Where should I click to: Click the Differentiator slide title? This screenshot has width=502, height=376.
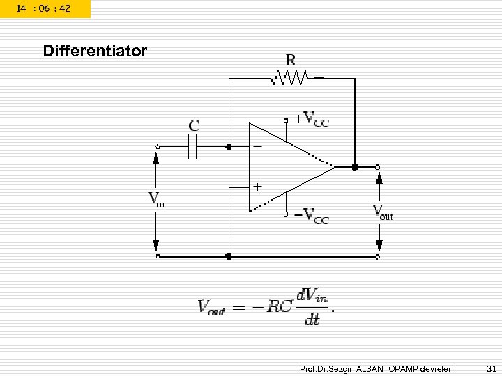[x=95, y=52]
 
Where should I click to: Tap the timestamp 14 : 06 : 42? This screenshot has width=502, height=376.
[x=43, y=8]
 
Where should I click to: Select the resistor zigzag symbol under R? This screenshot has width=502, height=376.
[x=290, y=79]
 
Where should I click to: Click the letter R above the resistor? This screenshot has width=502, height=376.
[x=290, y=59]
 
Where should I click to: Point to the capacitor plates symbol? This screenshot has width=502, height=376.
[x=193, y=147]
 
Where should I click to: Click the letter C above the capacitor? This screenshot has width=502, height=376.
[x=194, y=126]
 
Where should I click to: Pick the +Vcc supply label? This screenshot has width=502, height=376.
[x=311, y=120]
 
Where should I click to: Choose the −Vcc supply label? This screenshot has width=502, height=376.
[x=311, y=215]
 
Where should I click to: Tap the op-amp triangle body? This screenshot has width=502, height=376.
[x=286, y=167]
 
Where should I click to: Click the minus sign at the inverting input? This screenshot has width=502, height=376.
[x=257, y=147]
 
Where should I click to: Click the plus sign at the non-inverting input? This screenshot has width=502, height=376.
[x=257, y=187]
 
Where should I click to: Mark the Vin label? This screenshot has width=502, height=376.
[x=157, y=200]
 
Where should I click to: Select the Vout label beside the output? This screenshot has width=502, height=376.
[x=382, y=212]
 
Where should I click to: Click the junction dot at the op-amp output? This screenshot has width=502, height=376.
[x=355, y=167]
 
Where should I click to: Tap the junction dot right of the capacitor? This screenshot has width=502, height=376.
[x=229, y=147]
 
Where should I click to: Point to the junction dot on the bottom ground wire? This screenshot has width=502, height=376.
[x=229, y=257]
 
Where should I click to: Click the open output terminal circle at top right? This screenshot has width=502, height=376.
[x=377, y=167]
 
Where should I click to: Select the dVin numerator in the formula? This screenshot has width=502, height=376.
[x=312, y=296]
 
